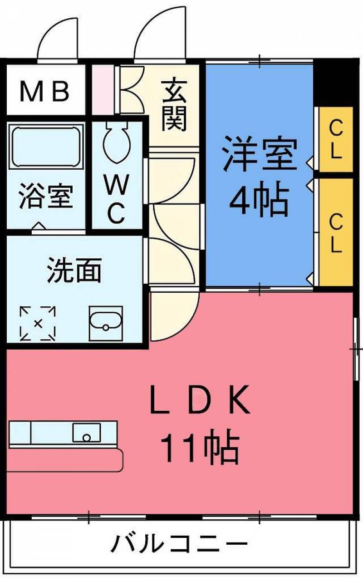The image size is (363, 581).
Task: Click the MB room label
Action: (x=44, y=91)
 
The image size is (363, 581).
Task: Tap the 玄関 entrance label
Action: (x=174, y=104)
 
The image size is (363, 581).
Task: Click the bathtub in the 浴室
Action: (x=46, y=146)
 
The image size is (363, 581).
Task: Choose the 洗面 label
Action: (x=74, y=270)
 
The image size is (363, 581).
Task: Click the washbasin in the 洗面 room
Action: (x=106, y=324)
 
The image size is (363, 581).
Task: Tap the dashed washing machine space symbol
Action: (x=38, y=323)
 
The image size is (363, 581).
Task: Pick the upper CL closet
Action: (x=336, y=139)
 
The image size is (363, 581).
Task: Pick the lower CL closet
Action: (x=336, y=232)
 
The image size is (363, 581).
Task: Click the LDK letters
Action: (x=200, y=401)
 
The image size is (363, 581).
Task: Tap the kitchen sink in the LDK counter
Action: (x=87, y=433)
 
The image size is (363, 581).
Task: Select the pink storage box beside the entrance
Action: (x=103, y=90)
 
